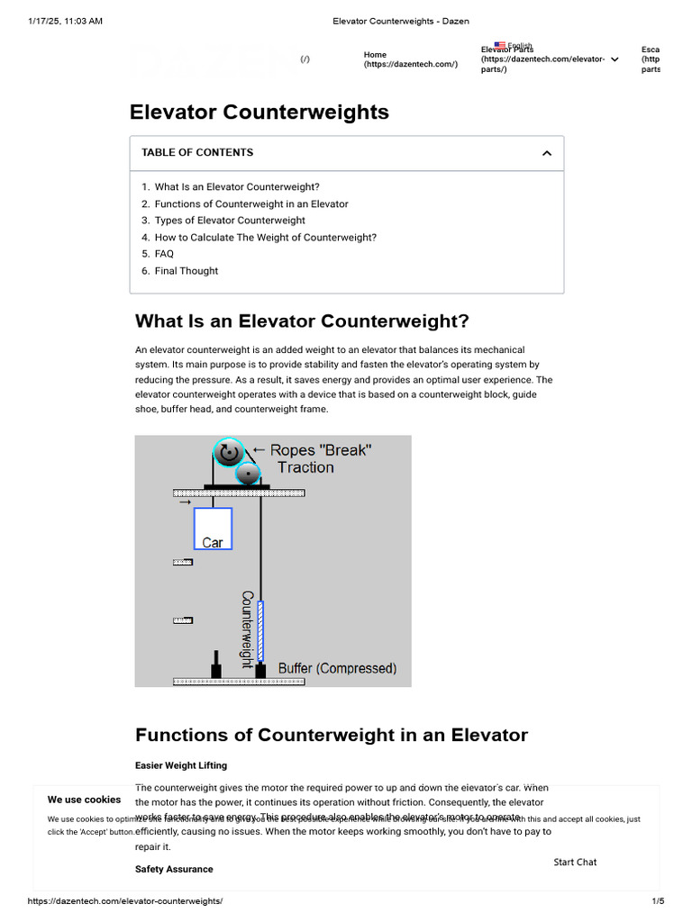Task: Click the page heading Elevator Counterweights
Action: coord(259,113)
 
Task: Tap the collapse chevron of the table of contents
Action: coord(546,153)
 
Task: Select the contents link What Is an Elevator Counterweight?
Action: coord(237,187)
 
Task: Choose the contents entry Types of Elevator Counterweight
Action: coord(230,221)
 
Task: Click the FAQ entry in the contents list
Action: coord(164,254)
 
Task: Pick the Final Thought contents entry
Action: coord(187,271)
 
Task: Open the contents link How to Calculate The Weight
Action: coord(266,238)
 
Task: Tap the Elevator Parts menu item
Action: coord(542,59)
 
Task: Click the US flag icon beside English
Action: coord(499,45)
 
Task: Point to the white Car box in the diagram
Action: coord(213,529)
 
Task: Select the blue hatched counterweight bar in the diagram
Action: coord(261,631)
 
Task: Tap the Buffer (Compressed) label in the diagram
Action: coord(337,669)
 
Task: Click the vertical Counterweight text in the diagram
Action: coord(246,628)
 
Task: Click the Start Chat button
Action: coord(575,863)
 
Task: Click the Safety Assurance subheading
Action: coord(174,870)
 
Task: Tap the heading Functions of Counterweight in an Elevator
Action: coord(331,735)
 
